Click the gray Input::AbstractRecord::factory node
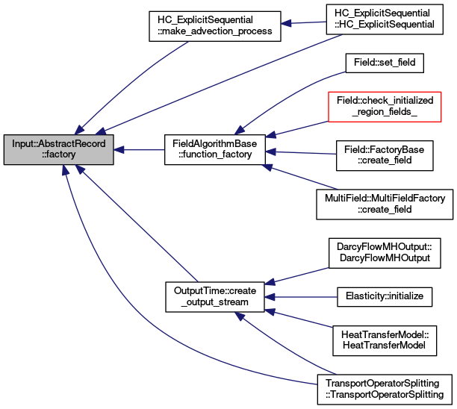[58, 149]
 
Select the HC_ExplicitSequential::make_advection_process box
[215, 26]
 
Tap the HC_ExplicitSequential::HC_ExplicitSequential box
[385, 19]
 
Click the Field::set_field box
[385, 63]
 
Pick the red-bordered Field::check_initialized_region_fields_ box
[385, 107]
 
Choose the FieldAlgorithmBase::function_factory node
[215, 149]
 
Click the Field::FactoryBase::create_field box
[385, 155]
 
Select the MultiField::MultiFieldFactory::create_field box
[385, 204]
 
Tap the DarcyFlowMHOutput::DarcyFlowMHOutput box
[385, 253]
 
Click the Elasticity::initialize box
[385, 297]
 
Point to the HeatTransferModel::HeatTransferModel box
[385, 340]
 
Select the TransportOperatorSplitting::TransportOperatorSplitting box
[385, 390]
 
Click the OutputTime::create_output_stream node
[215, 297]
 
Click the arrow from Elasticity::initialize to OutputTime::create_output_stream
[301, 297]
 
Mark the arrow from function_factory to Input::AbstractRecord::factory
[139, 150]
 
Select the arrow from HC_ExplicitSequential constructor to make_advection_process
[303, 22]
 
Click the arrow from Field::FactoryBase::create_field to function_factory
[301, 153]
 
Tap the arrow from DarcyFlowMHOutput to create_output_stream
[296, 275]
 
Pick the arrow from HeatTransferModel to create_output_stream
[299, 319]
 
